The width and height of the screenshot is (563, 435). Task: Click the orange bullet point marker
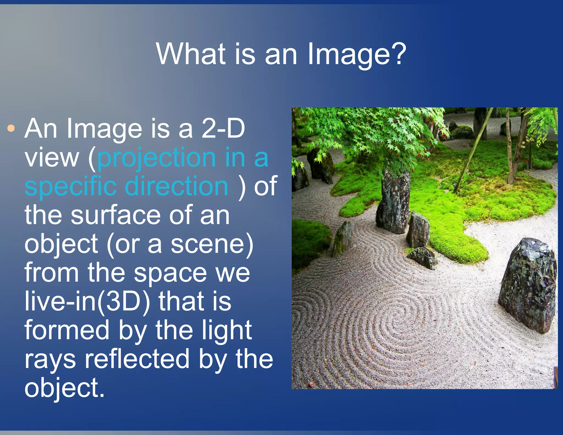pos(11,128)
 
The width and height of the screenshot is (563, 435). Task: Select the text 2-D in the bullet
pos(223,129)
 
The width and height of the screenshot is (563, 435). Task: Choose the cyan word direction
pos(176,186)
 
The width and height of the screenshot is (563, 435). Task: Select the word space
pos(170,273)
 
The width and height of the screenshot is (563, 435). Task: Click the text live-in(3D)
pos(87,302)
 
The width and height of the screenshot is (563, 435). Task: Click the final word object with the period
pos(64,388)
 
